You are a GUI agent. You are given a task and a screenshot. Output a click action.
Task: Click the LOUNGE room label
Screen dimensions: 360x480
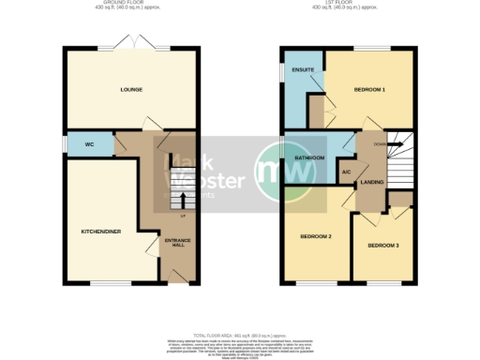(x=130, y=90)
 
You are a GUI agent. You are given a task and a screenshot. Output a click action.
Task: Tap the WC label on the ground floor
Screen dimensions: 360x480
(x=90, y=144)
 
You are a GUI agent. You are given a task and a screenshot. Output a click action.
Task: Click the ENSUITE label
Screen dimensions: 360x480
(x=302, y=70)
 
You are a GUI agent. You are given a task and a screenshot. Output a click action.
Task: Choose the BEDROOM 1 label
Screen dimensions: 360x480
(x=369, y=90)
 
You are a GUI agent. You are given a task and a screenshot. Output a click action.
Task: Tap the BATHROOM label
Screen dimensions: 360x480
(x=308, y=158)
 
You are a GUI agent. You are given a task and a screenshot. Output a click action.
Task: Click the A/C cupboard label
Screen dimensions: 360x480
(x=345, y=172)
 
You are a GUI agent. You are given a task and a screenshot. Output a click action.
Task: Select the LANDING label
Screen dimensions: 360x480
(x=373, y=181)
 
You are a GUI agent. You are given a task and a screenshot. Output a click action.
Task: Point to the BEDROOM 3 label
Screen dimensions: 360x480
(x=382, y=246)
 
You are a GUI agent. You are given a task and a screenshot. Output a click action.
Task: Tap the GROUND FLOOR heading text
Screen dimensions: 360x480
(x=130, y=4)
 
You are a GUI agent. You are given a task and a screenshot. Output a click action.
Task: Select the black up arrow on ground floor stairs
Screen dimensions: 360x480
(x=182, y=199)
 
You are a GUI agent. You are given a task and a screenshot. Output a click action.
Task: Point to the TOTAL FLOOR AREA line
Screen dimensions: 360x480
(x=241, y=335)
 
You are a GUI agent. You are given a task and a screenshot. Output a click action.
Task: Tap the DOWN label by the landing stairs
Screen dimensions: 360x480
(x=379, y=144)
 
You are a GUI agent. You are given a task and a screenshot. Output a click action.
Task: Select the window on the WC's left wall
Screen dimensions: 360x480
(x=65, y=144)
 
